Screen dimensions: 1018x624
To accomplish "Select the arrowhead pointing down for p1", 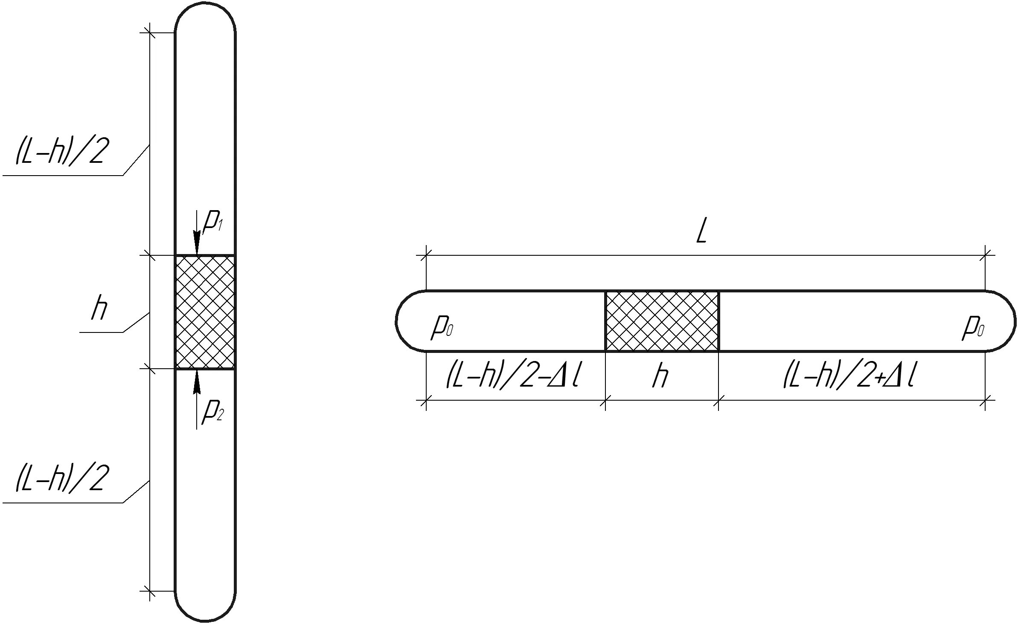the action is (197, 243).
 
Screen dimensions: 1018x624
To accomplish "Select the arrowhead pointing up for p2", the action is (197, 381).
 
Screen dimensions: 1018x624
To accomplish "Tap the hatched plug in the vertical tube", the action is (205, 312).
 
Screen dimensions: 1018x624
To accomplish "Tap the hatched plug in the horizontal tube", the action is (662, 321).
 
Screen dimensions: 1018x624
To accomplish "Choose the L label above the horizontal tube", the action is (701, 233).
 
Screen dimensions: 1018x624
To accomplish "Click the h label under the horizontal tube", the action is (660, 377).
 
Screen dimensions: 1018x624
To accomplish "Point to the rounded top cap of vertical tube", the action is (205, 13).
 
